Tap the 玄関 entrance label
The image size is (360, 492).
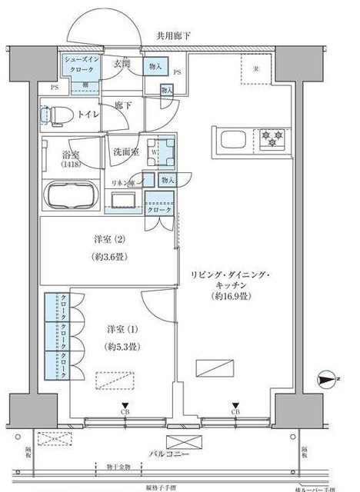122,64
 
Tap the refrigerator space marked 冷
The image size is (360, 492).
257,70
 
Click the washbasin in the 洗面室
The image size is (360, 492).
124,201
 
